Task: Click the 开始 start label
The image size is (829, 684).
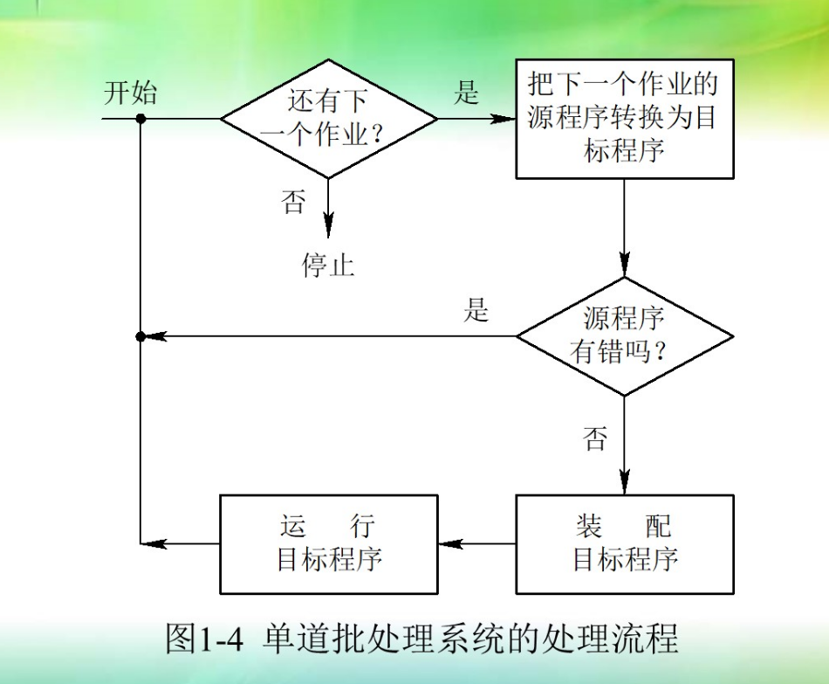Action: click(130, 93)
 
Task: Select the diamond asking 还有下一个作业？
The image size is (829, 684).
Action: click(329, 118)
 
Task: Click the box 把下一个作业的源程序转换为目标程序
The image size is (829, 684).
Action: click(624, 119)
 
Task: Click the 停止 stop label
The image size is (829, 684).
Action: click(329, 265)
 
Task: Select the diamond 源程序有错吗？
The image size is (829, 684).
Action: click(624, 335)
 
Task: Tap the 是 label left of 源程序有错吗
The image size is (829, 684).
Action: click(476, 310)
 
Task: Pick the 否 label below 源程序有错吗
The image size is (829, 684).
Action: click(595, 439)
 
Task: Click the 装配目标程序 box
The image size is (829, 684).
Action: click(624, 544)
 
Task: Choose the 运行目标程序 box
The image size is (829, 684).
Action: click(329, 544)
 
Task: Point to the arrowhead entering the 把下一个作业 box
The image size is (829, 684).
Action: click(504, 119)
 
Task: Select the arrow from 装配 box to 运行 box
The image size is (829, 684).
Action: click(476, 544)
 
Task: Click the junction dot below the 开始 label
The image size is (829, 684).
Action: click(140, 119)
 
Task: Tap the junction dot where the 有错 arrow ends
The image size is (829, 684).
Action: click(140, 336)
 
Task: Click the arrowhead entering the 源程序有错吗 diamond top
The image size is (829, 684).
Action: click(624, 266)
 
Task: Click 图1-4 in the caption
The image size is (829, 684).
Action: click(202, 640)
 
